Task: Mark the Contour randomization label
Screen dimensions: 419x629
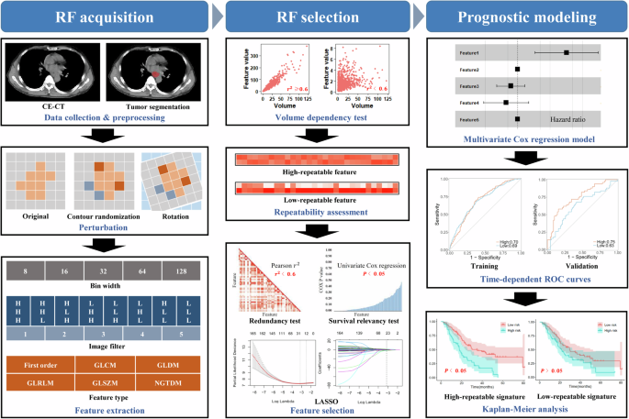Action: click(106, 217)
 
